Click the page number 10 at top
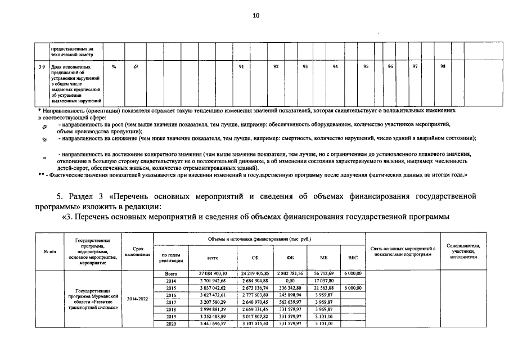click(255, 15)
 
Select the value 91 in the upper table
click(241, 67)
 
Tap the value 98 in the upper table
click(443, 67)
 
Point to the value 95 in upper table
click(366, 67)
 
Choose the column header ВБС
click(353, 257)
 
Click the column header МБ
click(323, 257)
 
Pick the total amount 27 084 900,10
click(212, 273)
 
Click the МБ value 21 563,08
click(323, 287)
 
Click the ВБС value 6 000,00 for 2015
click(353, 287)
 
